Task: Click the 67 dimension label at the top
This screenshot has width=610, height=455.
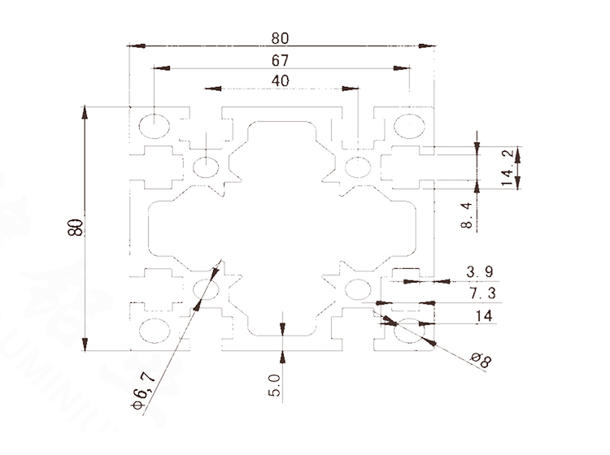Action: [x=281, y=60]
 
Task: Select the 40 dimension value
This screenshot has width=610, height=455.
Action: [x=281, y=81]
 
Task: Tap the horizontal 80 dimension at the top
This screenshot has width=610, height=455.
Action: [x=281, y=37]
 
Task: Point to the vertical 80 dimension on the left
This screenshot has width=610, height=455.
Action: [x=76, y=227]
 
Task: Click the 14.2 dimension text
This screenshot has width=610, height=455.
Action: [x=508, y=167]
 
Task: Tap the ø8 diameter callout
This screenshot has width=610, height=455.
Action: [x=481, y=360]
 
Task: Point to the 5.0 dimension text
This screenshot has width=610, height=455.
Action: [x=274, y=383]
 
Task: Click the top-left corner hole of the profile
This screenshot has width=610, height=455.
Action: [x=155, y=126]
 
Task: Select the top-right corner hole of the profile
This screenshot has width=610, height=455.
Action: [x=409, y=126]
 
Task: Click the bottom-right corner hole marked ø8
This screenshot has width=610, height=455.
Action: [x=409, y=331]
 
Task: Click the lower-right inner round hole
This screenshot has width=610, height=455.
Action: [x=356, y=289]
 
